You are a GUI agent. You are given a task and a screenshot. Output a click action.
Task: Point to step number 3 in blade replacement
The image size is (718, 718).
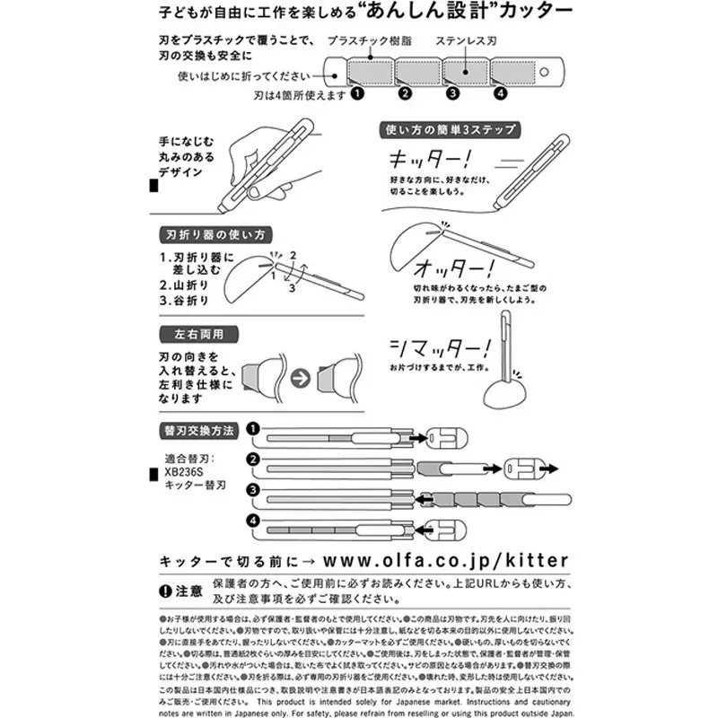254,490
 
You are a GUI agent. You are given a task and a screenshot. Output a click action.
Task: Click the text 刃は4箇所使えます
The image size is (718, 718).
299,93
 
